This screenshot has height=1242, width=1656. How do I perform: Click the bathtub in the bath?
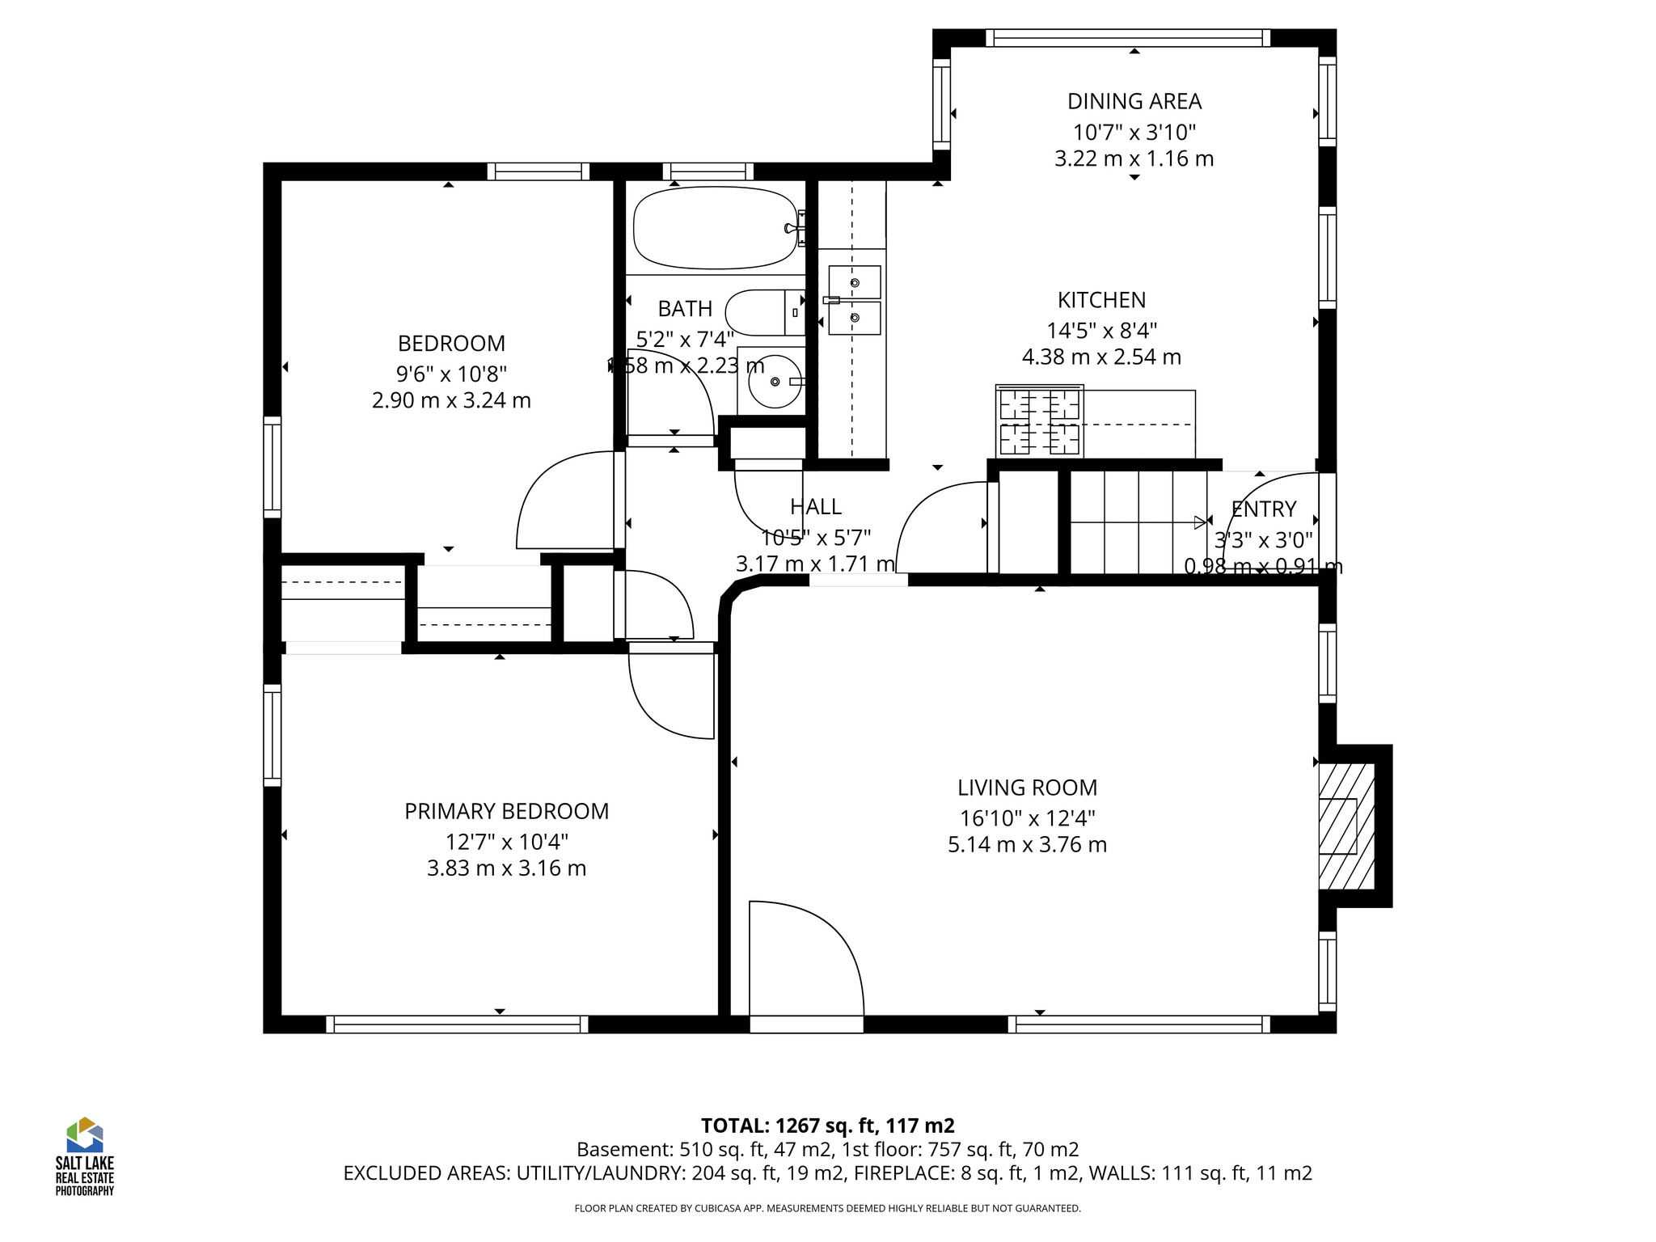[x=715, y=228]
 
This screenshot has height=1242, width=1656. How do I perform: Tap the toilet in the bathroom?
[x=764, y=312]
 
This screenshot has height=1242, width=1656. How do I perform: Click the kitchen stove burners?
[x=1040, y=422]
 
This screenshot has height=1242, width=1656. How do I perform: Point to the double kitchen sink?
[x=854, y=300]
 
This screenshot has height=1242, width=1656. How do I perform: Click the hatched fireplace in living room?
[x=1346, y=826]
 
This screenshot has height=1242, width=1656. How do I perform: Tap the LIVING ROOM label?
[x=1027, y=788]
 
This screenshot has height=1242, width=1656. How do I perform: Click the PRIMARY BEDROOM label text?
[x=506, y=811]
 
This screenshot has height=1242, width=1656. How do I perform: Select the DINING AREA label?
[x=1134, y=101]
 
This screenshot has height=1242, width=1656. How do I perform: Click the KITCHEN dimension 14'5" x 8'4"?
[x=1101, y=331]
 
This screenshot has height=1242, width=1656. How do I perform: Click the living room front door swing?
[x=805, y=962]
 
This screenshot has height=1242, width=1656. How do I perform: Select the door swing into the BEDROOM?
[x=566, y=501]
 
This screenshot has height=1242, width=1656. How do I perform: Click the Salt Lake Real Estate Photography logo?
[x=84, y=1156]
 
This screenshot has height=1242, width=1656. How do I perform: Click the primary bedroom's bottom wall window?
[x=457, y=1024]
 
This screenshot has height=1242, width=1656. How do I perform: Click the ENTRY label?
[x=1263, y=509]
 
